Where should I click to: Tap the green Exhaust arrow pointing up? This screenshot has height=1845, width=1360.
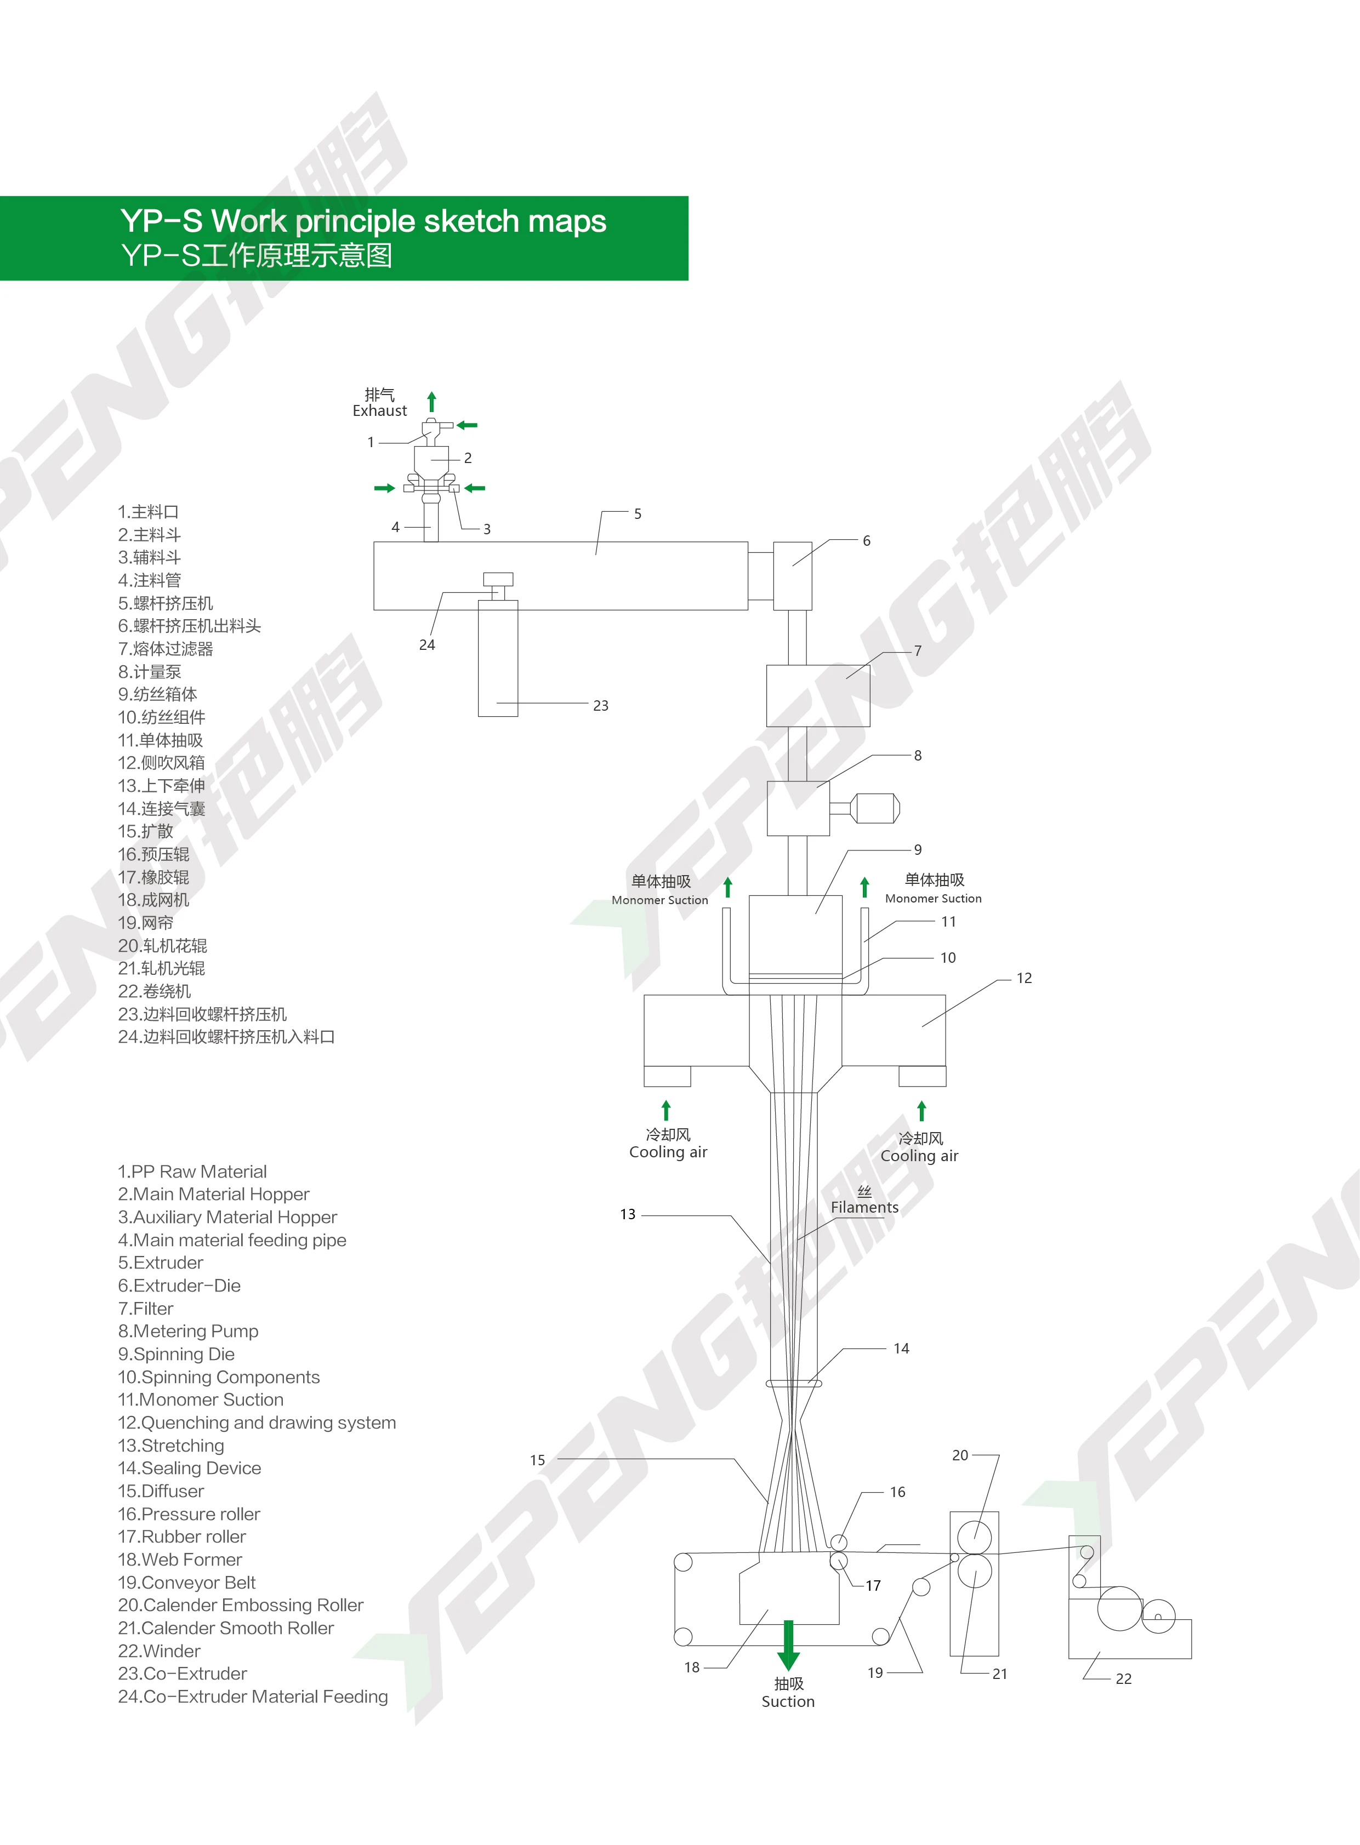pyautogui.click(x=431, y=402)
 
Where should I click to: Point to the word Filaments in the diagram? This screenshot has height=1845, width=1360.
pyautogui.click(x=864, y=1207)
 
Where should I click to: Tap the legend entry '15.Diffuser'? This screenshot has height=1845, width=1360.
pyautogui.click(x=161, y=1491)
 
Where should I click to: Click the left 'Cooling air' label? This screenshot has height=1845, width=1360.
pyautogui.click(x=668, y=1152)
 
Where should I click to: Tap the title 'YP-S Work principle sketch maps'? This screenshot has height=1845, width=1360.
pyautogui.click(x=363, y=221)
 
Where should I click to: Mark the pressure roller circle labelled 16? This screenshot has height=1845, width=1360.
pyautogui.click(x=838, y=1542)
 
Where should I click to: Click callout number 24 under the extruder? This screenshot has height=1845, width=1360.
pyautogui.click(x=426, y=645)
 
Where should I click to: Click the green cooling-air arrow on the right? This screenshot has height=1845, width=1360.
pyautogui.click(x=921, y=1111)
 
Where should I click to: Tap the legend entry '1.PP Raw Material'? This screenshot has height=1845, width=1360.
pyautogui.click(x=192, y=1171)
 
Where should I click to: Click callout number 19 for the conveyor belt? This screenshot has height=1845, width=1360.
pyautogui.click(x=875, y=1673)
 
